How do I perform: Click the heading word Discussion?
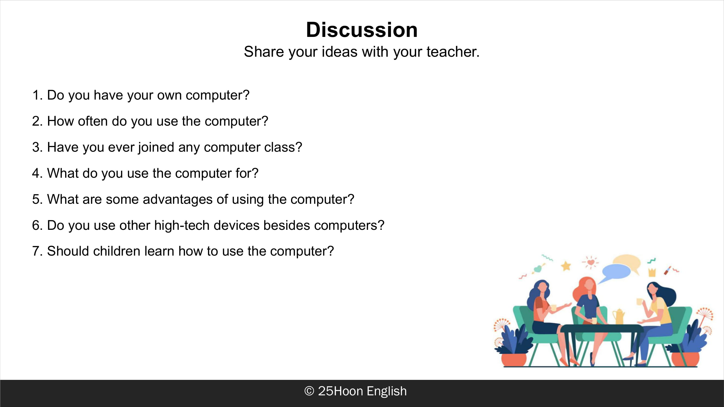362,30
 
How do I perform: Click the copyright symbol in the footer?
309,391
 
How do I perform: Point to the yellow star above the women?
566,266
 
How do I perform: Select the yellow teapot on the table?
618,316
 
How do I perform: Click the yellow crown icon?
652,272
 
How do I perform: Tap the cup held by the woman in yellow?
639,302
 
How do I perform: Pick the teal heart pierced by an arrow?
538,269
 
